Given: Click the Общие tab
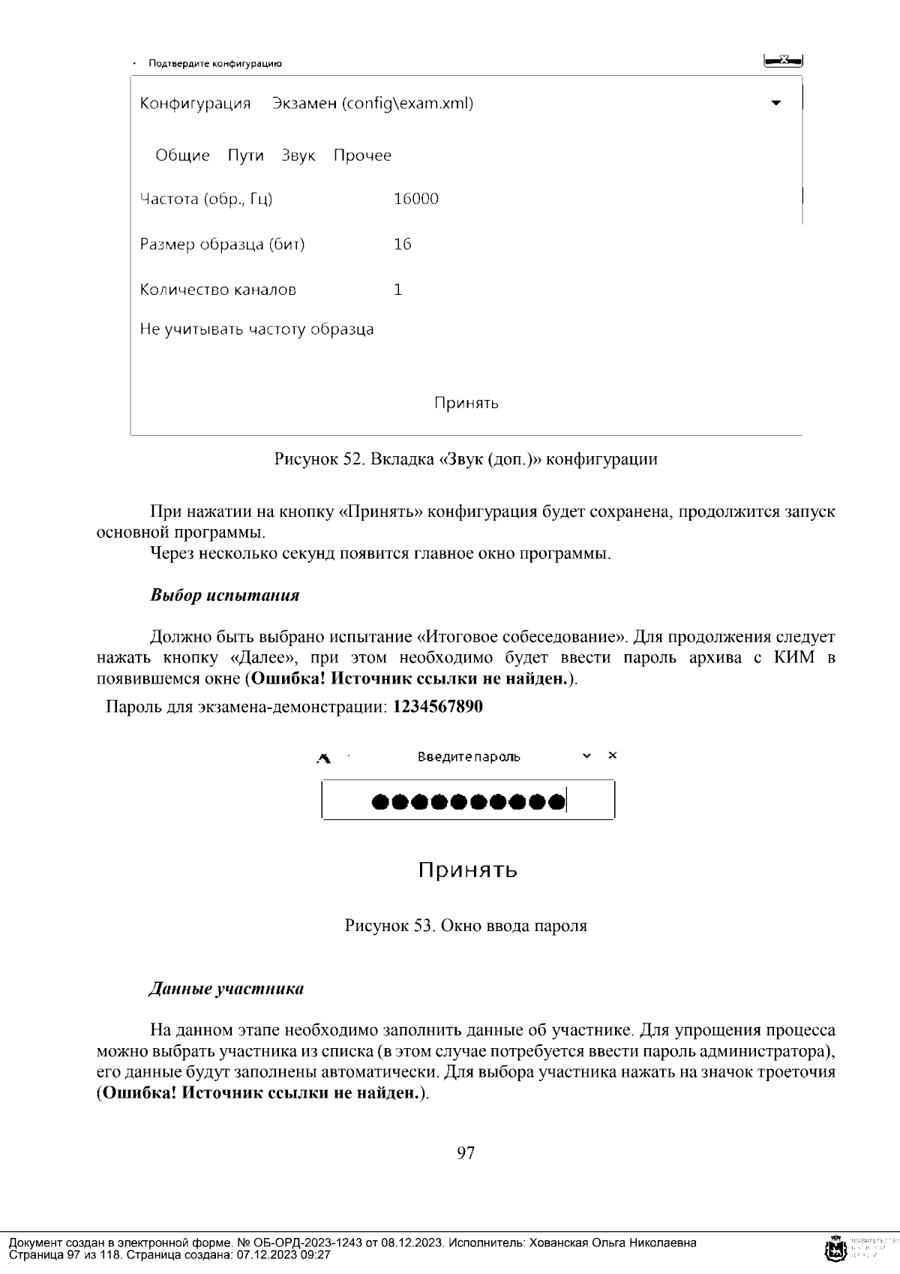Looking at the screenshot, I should pos(182,155).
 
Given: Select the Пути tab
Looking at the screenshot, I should pos(245,155).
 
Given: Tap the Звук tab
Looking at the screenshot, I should pos(298,155).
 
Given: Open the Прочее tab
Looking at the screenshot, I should pos(362,155).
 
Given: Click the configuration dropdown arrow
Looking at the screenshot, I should pos(776,103).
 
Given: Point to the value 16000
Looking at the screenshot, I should pos(415,199).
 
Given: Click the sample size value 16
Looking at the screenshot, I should pos(402,244).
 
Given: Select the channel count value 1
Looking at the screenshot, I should pos(397,290).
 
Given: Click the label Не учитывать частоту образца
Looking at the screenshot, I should pos(256,329).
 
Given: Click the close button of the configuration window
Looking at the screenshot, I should pos(783,60).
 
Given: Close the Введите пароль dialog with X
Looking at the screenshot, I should pos(612,756).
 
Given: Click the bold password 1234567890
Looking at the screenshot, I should pos(437,707).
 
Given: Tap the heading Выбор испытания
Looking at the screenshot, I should pos(224,596).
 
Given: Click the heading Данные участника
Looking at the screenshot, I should pos(226,989).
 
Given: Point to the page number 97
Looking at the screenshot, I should pos(465,1152).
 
